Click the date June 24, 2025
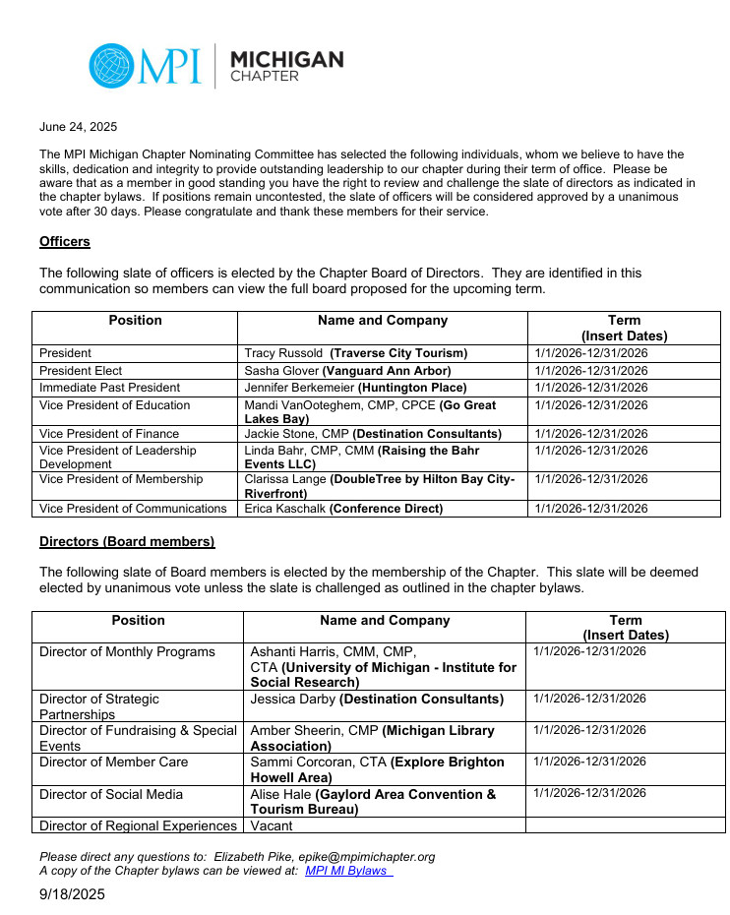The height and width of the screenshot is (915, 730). (78, 127)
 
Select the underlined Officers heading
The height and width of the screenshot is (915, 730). (65, 241)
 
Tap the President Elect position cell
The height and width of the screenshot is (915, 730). (79, 371)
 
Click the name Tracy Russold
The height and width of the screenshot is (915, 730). (283, 353)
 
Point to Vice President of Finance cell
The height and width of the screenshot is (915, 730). (109, 434)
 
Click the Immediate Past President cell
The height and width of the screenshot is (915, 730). (109, 388)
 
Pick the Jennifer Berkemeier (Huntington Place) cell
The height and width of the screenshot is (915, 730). (355, 388)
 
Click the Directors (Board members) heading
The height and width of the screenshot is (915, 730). (127, 541)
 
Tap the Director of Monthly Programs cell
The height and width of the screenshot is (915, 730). (127, 651)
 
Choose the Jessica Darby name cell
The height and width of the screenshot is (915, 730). (293, 699)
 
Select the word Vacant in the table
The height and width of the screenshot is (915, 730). (272, 825)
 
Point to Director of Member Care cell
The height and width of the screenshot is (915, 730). (113, 762)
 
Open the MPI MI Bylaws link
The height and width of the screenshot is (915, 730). (348, 871)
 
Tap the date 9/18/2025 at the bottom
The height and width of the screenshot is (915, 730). (72, 894)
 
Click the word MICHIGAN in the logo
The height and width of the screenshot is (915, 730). (286, 60)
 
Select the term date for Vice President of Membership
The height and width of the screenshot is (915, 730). (591, 479)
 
